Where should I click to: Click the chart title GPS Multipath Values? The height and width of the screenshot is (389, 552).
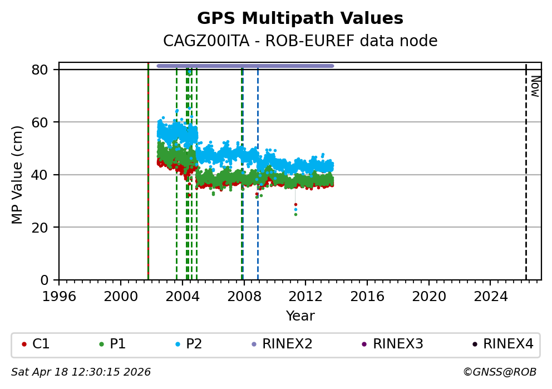point(300,18)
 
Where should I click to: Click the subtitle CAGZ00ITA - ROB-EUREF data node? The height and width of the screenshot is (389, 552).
point(300,41)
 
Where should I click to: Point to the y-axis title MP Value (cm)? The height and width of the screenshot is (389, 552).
point(17,175)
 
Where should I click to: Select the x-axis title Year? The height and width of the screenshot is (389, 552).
point(300,316)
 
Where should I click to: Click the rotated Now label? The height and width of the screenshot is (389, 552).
point(535,86)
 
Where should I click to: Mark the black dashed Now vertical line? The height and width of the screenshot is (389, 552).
point(526,178)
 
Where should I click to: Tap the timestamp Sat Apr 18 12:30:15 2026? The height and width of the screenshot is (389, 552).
point(81,372)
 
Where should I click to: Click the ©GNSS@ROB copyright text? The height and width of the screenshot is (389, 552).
point(499,372)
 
